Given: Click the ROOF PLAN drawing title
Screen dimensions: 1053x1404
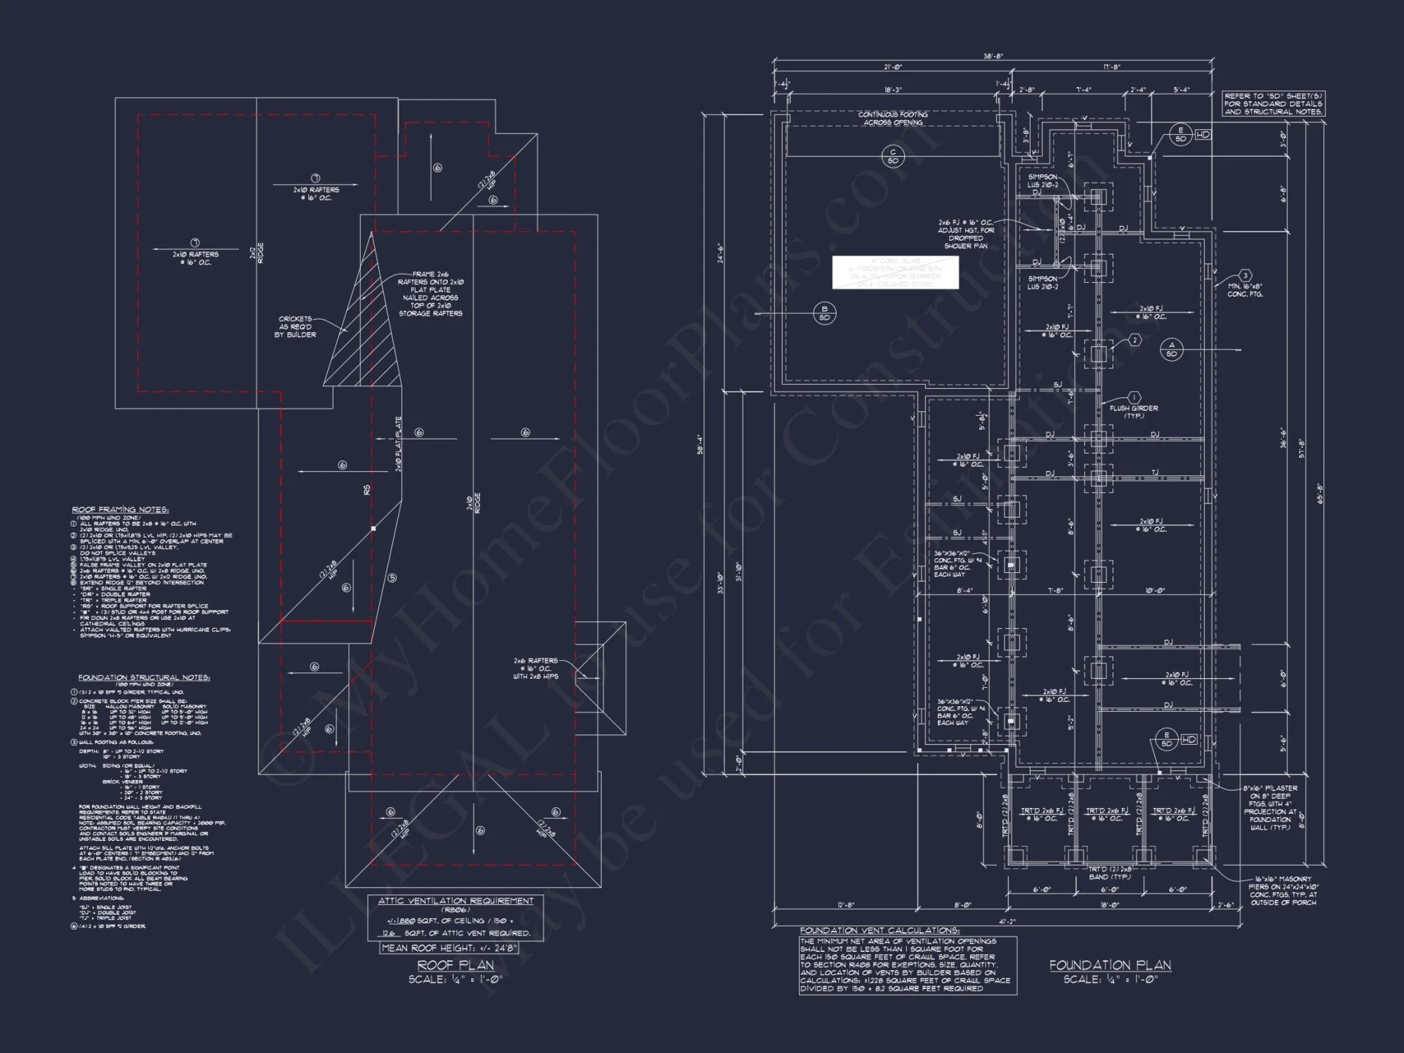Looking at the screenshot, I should coord(456,965).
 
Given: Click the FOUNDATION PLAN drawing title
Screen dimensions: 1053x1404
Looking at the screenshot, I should coord(1110,966).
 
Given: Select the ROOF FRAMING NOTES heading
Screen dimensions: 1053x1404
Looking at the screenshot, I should coord(120,510).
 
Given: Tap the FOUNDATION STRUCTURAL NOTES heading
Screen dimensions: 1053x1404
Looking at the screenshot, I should coord(144,677).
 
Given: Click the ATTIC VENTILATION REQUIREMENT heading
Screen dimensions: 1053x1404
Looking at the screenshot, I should coord(456,901).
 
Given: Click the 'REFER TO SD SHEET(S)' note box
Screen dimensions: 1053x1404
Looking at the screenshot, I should coord(1273,104).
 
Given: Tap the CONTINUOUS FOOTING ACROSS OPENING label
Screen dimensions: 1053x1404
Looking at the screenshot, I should coord(893,119).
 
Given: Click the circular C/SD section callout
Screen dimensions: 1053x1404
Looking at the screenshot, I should coord(893,157).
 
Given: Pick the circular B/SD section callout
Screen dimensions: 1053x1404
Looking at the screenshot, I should coord(824,313).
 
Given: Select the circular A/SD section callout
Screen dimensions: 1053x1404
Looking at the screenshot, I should coord(1171,350).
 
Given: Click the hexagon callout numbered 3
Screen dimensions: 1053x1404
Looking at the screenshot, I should coord(1245,276).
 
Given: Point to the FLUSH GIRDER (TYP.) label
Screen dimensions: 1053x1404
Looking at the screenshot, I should coord(1134,411).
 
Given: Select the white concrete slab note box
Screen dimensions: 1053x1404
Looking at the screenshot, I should coord(896,272).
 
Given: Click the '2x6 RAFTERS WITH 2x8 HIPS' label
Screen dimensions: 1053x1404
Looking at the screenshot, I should coord(535,668).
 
